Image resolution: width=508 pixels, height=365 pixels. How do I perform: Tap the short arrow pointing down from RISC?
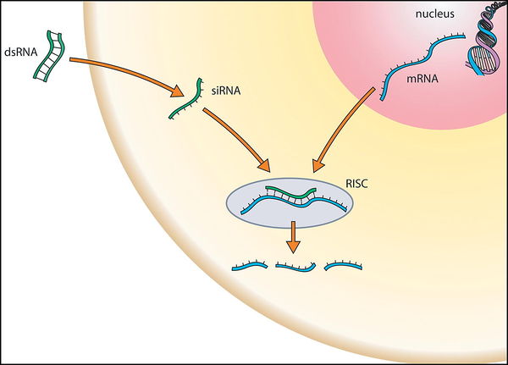pos(293,237)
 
